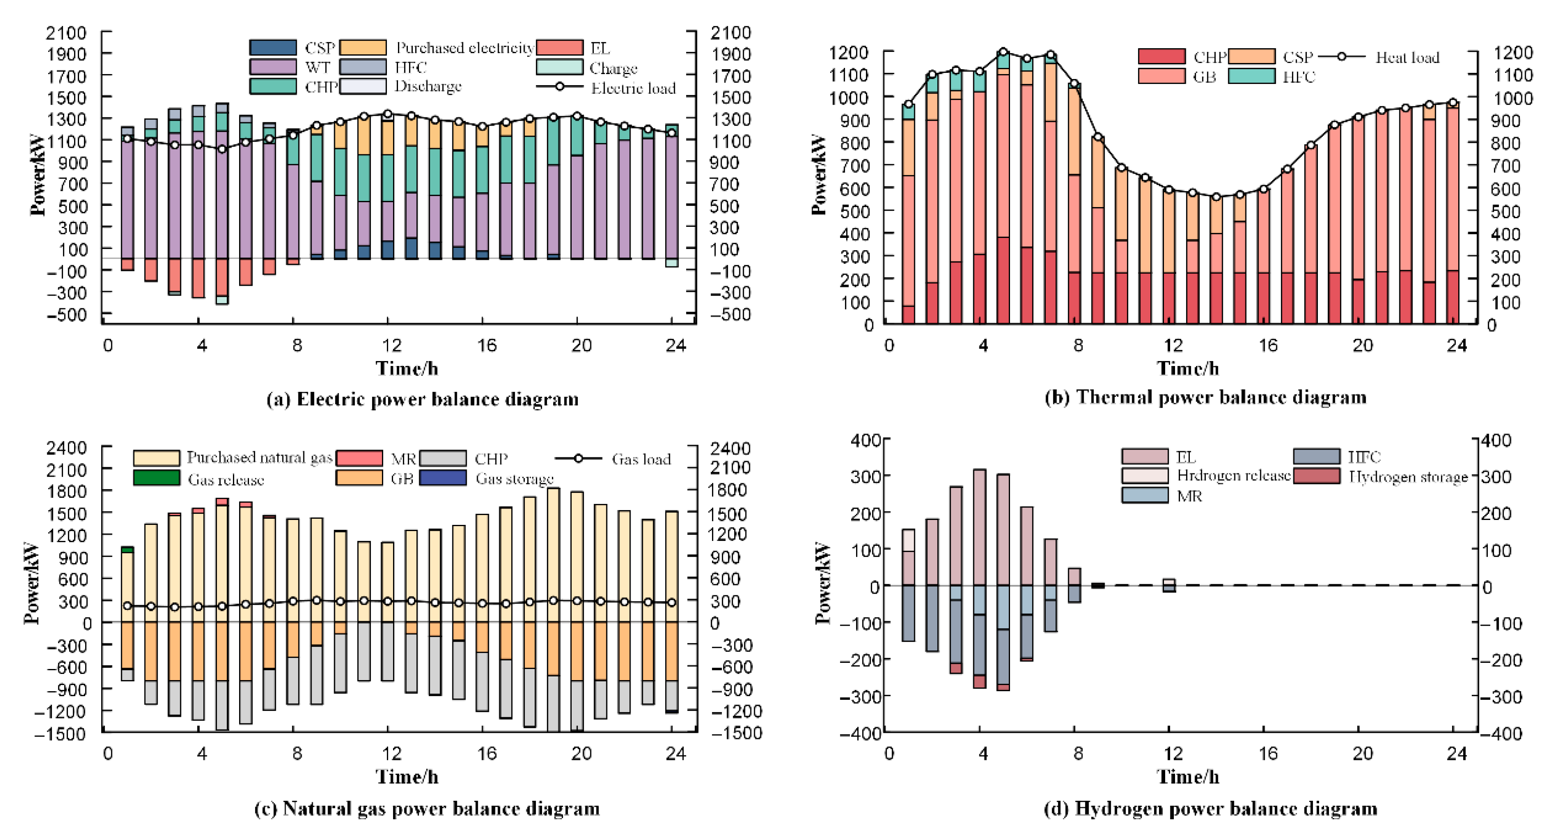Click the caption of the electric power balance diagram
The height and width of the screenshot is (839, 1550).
(x=422, y=399)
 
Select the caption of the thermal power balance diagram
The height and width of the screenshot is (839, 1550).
(x=1205, y=397)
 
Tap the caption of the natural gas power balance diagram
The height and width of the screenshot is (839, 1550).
(x=427, y=808)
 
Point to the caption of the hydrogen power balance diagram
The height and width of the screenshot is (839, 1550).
(x=1210, y=808)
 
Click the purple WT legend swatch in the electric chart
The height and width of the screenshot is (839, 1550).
(x=272, y=67)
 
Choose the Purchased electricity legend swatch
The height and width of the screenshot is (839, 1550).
(x=363, y=47)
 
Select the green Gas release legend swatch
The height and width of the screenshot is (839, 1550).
(x=156, y=478)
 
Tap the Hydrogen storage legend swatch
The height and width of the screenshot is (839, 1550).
(x=1317, y=476)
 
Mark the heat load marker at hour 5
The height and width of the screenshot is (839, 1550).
(x=1003, y=52)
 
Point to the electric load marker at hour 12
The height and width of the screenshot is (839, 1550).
(x=388, y=114)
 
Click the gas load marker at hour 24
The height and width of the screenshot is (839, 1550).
(x=672, y=602)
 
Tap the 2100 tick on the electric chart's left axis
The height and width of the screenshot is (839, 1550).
(x=66, y=33)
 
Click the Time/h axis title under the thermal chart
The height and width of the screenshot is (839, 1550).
(x=1188, y=368)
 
